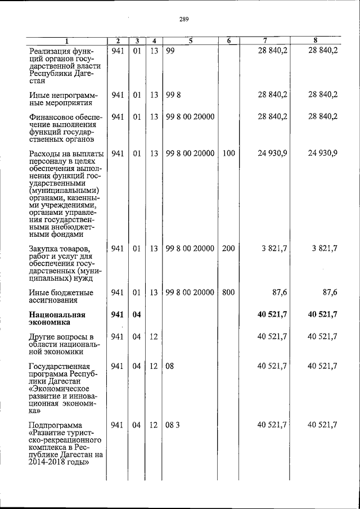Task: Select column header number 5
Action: (191, 40)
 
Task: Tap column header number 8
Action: (315, 40)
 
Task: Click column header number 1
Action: (66, 40)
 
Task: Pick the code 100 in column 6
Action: (228, 153)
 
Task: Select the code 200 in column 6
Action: (228, 248)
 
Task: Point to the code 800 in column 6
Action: (228, 292)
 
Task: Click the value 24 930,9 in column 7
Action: (272, 153)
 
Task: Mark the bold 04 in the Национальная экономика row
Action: (137, 314)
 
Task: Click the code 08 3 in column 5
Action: (172, 425)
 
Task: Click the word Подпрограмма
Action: (55, 425)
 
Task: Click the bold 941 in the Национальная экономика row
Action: (118, 314)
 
